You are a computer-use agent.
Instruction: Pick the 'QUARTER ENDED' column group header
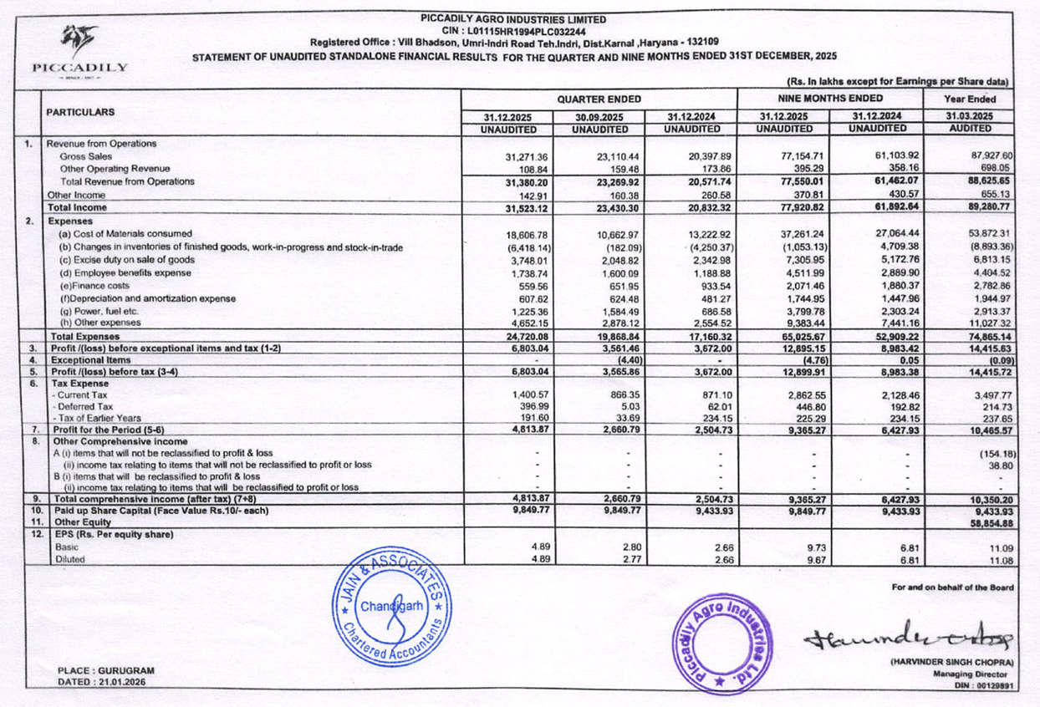(x=599, y=99)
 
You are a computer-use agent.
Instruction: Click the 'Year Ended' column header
(x=970, y=99)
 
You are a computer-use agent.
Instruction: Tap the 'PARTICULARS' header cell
(x=79, y=112)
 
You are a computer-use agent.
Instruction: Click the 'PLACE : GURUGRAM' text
(x=106, y=670)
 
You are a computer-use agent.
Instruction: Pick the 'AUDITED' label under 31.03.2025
(x=970, y=129)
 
